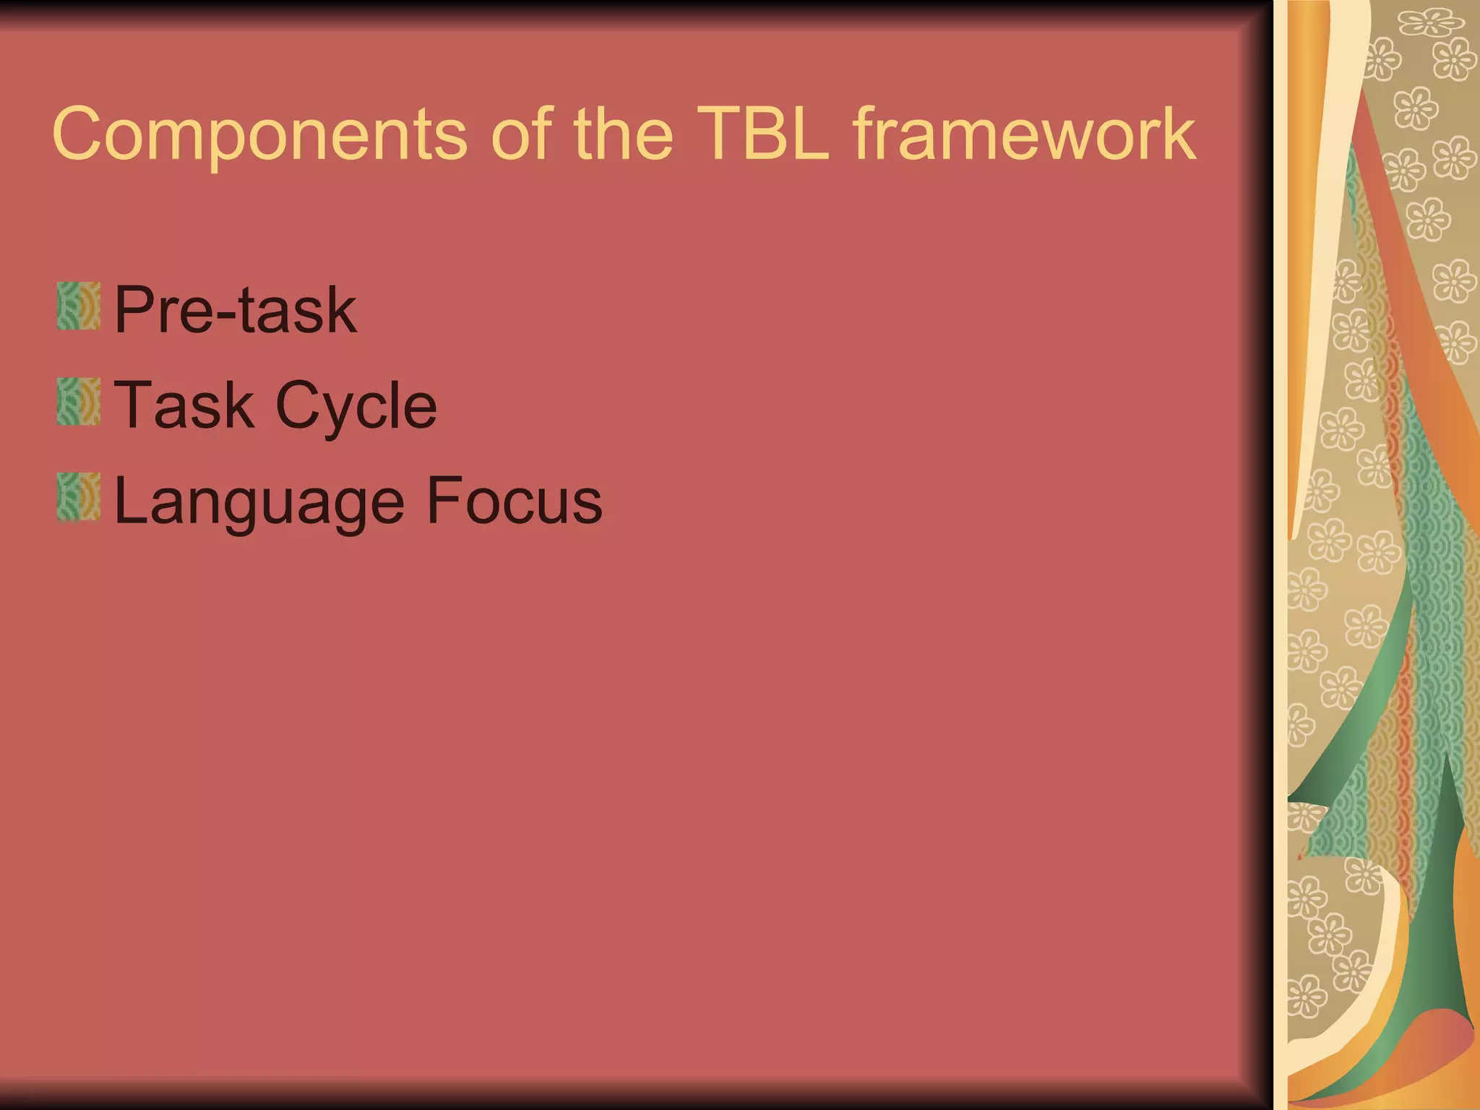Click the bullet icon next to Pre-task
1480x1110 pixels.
point(78,306)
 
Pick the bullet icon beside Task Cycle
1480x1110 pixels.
point(78,402)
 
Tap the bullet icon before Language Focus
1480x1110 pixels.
point(78,497)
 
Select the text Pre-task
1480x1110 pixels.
point(236,309)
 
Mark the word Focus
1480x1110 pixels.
point(514,500)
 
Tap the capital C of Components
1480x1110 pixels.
point(77,134)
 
